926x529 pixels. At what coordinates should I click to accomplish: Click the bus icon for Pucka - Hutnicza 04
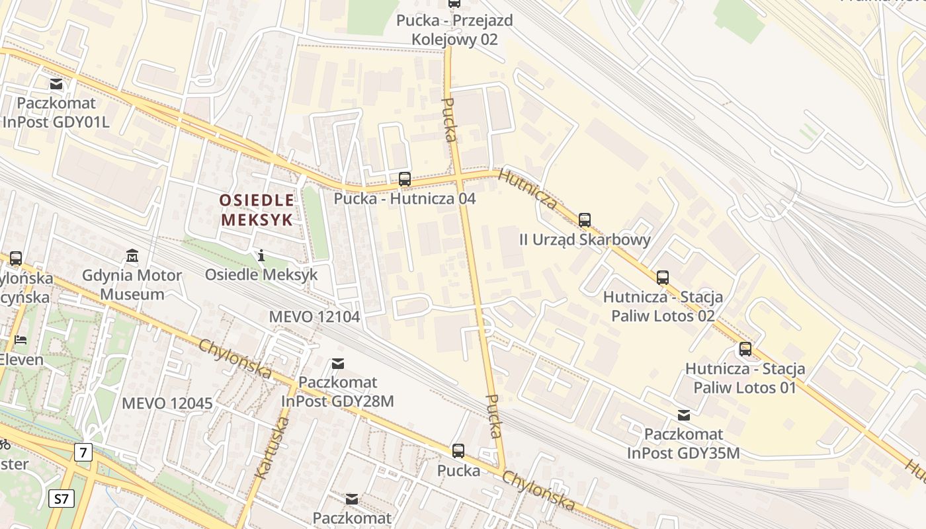pyautogui.click(x=404, y=179)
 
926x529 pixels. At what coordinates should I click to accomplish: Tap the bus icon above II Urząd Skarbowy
pyautogui.click(x=584, y=220)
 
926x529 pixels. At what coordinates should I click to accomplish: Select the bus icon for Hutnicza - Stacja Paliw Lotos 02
pyautogui.click(x=662, y=278)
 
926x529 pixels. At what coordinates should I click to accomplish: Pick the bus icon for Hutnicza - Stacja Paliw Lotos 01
pyautogui.click(x=745, y=349)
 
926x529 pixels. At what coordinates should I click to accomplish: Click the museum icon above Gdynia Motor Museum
pyautogui.click(x=132, y=255)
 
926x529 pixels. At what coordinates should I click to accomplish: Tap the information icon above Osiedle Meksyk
pyautogui.click(x=261, y=255)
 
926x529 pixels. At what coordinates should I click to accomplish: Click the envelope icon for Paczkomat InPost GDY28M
pyautogui.click(x=338, y=363)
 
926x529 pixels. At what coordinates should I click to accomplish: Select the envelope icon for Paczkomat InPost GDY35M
pyautogui.click(x=683, y=415)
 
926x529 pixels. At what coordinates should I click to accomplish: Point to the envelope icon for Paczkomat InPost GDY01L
pyautogui.click(x=56, y=84)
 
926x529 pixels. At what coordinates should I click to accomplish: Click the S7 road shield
pyautogui.click(x=61, y=498)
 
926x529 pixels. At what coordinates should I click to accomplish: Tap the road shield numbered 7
pyautogui.click(x=83, y=453)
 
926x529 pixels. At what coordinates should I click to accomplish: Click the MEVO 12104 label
pyautogui.click(x=314, y=317)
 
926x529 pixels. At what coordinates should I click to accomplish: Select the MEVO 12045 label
pyautogui.click(x=167, y=403)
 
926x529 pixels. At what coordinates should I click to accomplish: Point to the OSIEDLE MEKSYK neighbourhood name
pyautogui.click(x=256, y=210)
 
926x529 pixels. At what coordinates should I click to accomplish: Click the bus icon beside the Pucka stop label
pyautogui.click(x=458, y=451)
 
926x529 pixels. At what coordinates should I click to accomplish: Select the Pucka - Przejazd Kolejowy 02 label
pyautogui.click(x=454, y=30)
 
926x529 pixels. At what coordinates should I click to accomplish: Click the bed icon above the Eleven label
pyautogui.click(x=21, y=340)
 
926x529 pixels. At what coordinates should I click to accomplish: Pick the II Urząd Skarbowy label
pyautogui.click(x=585, y=239)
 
